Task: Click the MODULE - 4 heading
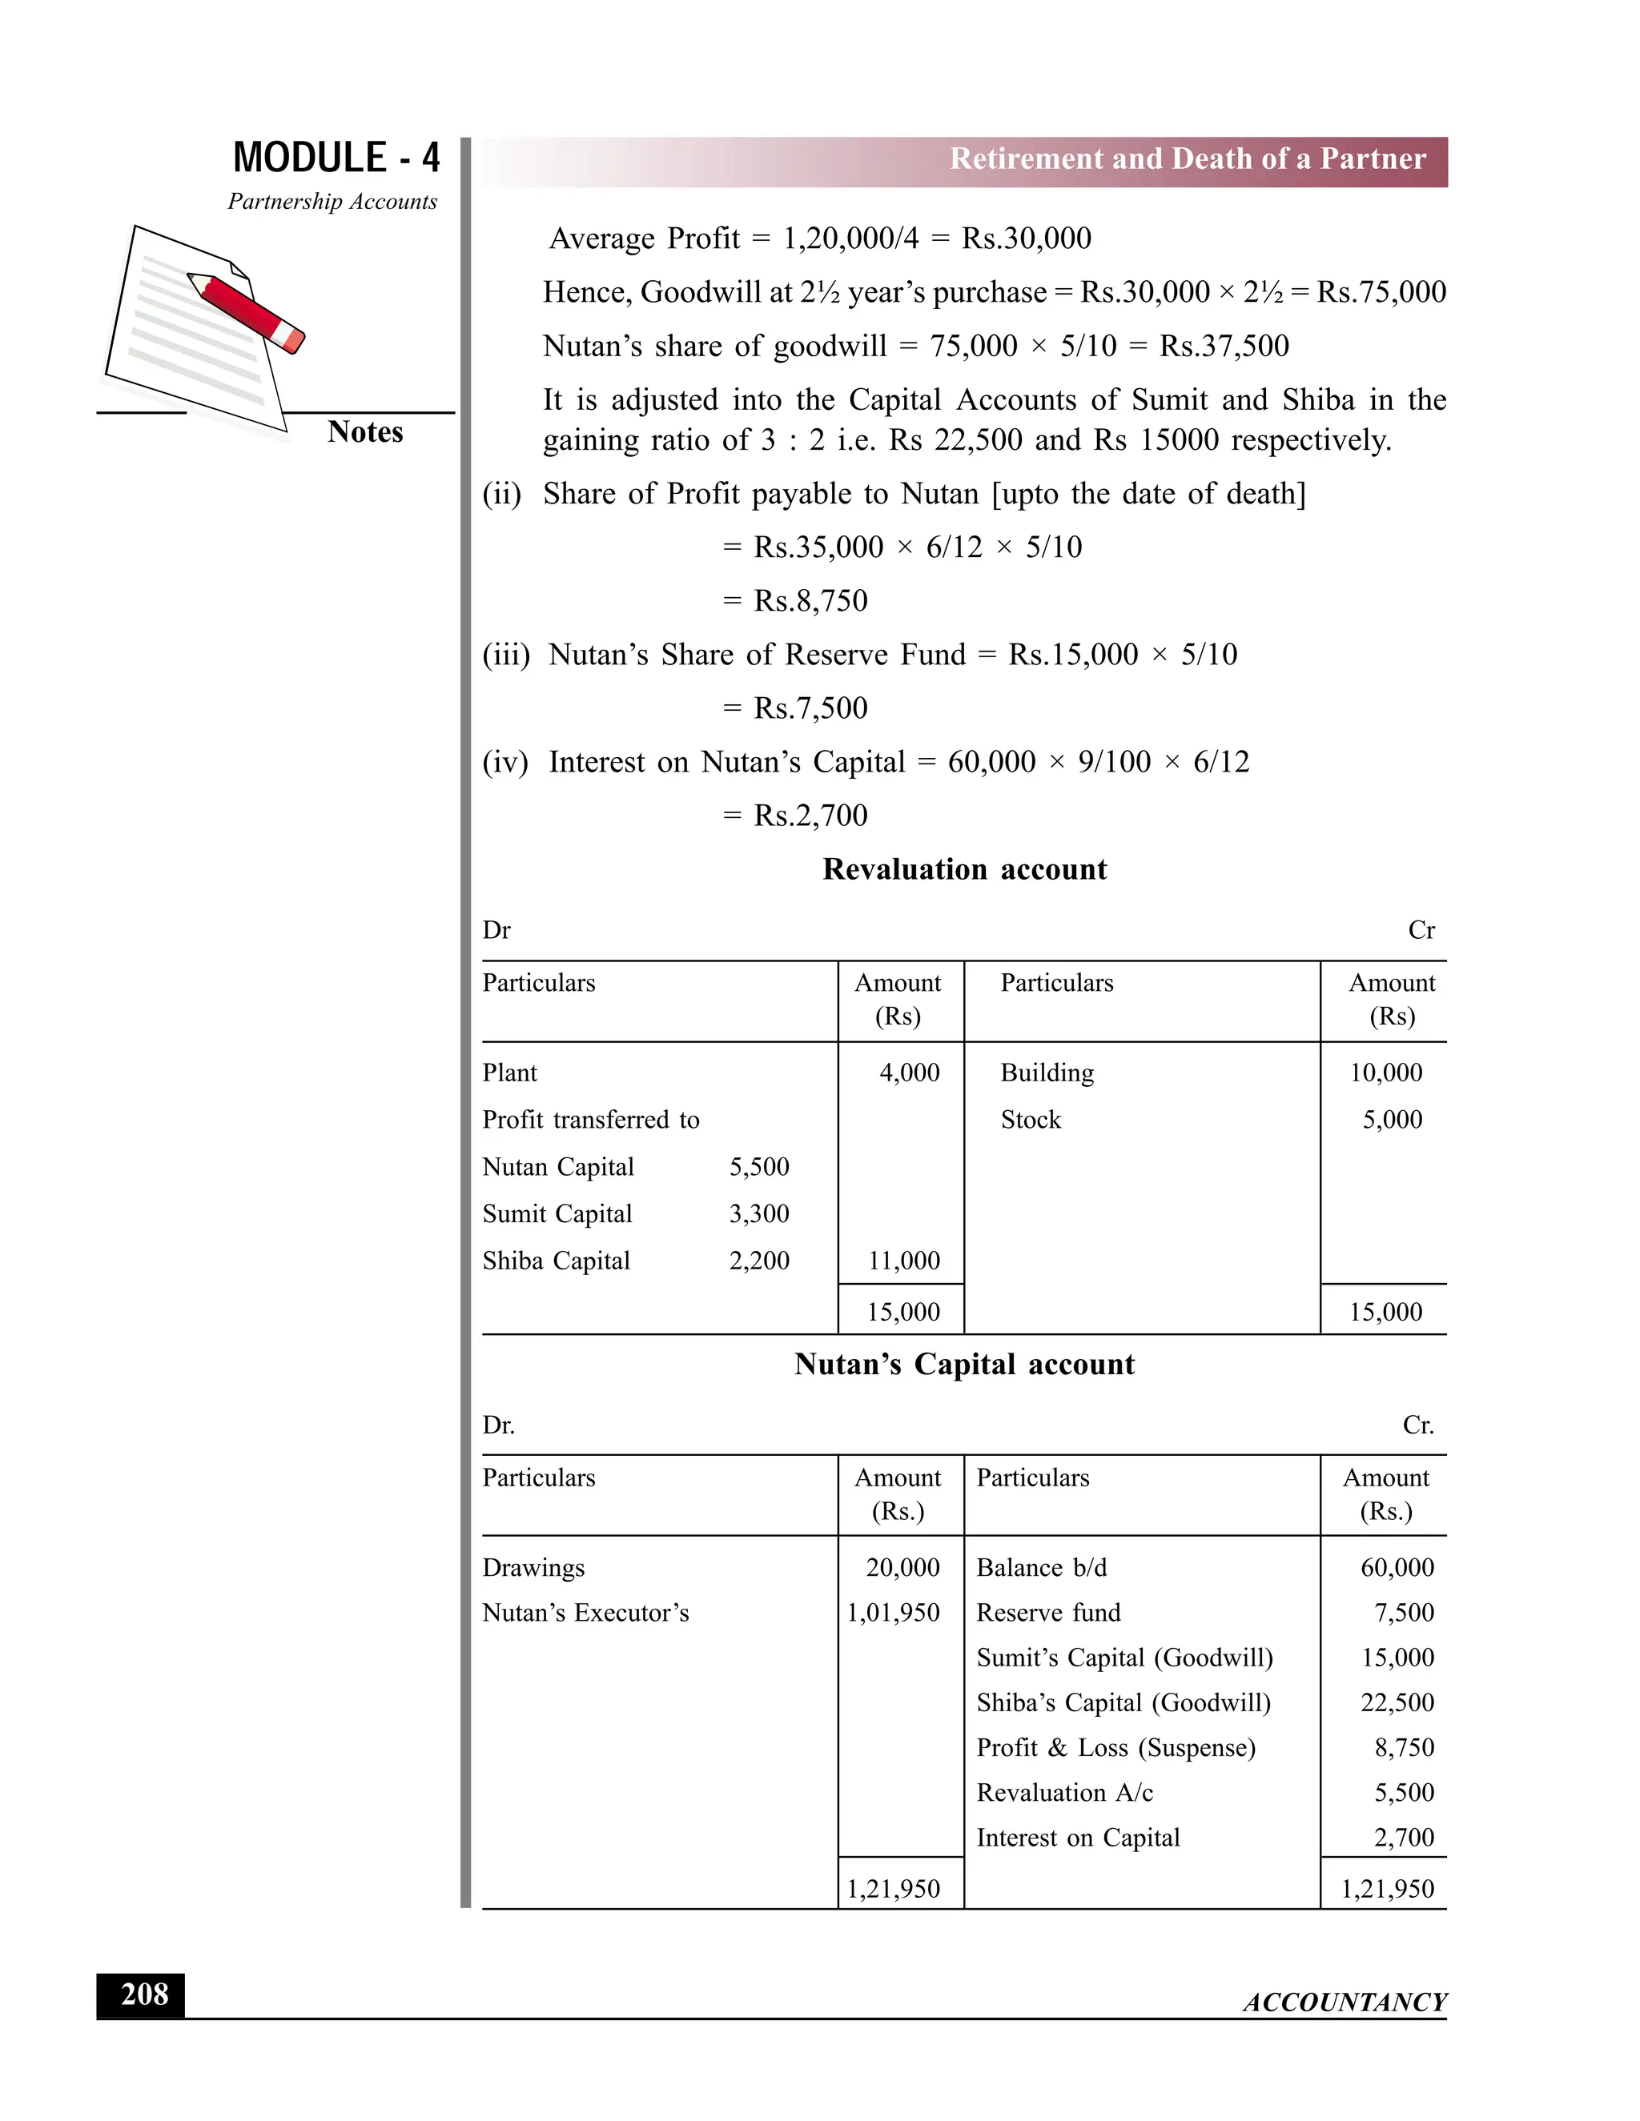pos(336,158)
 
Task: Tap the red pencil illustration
pos(247,313)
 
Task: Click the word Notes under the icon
pos(364,432)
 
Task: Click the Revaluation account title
pos(964,869)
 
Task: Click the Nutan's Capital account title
pos(964,1365)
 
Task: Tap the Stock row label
pos(1031,1120)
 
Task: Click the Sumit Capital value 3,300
pos(759,1214)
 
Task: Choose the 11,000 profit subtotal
pos(903,1261)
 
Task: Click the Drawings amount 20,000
pos(902,1567)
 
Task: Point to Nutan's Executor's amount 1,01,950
pos(893,1613)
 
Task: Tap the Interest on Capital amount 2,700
pos(1404,1838)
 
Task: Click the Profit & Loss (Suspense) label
pos(1115,1748)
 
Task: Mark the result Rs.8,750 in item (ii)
pos(810,601)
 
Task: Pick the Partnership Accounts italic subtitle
pos(332,202)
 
